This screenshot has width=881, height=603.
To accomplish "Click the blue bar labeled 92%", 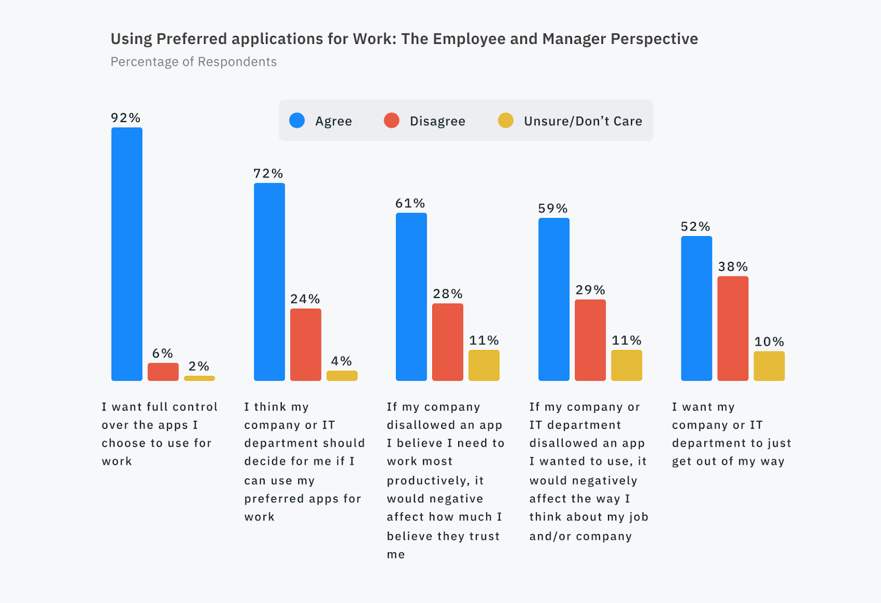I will coord(127,254).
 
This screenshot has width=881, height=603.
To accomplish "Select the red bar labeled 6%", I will coord(163,372).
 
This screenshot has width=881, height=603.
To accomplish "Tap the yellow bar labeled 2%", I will coord(199,379).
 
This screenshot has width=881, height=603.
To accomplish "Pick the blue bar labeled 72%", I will coord(269,282).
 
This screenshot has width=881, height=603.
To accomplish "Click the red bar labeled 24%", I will coord(306,344).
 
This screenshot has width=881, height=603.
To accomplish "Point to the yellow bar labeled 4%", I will coord(342,376).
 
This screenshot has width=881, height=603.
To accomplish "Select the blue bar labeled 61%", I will coord(411,297).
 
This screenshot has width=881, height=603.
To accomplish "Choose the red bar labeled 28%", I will coord(448,342).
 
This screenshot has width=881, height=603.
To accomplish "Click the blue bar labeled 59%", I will coord(554,299).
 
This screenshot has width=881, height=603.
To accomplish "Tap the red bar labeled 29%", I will coord(590,340).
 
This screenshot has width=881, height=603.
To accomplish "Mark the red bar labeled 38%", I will coord(733,328).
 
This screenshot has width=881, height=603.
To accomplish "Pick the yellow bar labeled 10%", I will coord(769,366).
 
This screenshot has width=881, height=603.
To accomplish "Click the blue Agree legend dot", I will coord(297,120).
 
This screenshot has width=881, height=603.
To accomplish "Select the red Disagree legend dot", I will coord(391,120).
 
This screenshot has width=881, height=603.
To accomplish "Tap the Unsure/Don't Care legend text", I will coord(583,121).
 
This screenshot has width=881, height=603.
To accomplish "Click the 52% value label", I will coord(695,227).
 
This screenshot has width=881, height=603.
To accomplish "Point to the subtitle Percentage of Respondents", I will coord(194,62).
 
